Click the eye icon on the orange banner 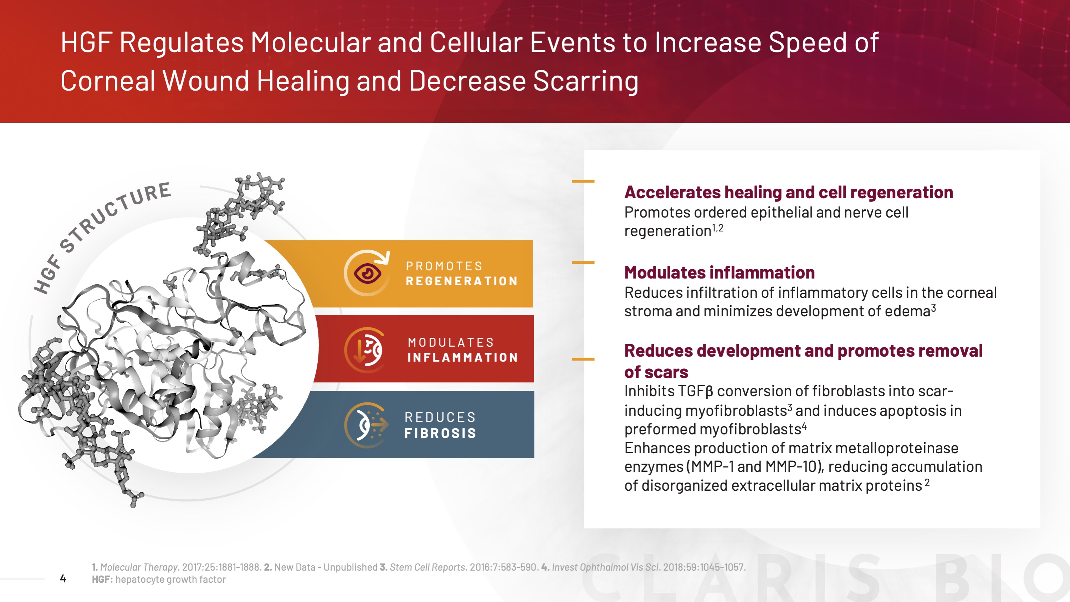tap(367, 273)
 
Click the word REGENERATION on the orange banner tap(461, 281)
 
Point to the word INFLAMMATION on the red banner tap(462, 357)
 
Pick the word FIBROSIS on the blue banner tap(440, 433)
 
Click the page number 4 tap(63, 578)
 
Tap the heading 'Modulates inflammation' tap(720, 272)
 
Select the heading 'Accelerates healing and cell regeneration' tap(788, 192)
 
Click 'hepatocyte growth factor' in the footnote tap(170, 579)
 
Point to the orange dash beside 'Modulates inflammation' tap(583, 262)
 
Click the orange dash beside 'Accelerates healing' tap(583, 181)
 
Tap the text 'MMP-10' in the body tap(792, 466)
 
